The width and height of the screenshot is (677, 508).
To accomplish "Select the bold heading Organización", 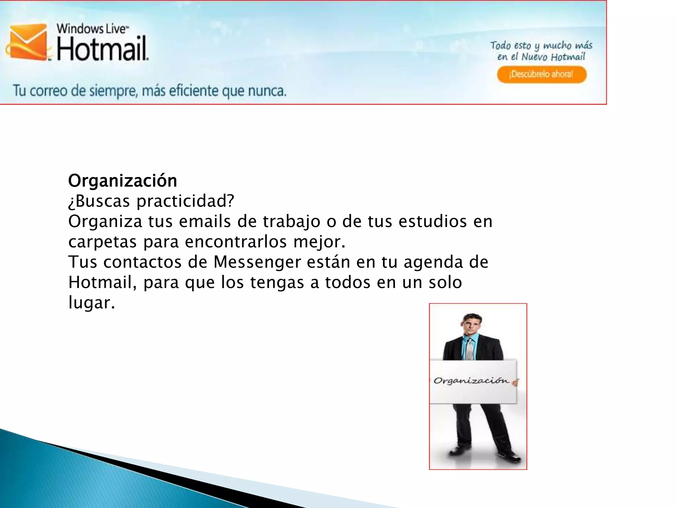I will click(123, 181).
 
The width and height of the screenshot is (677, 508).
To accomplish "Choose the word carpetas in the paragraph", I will click(102, 242).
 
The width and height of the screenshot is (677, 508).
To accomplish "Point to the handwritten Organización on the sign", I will click(471, 381).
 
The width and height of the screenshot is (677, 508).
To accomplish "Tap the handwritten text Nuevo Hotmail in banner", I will click(553, 57).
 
